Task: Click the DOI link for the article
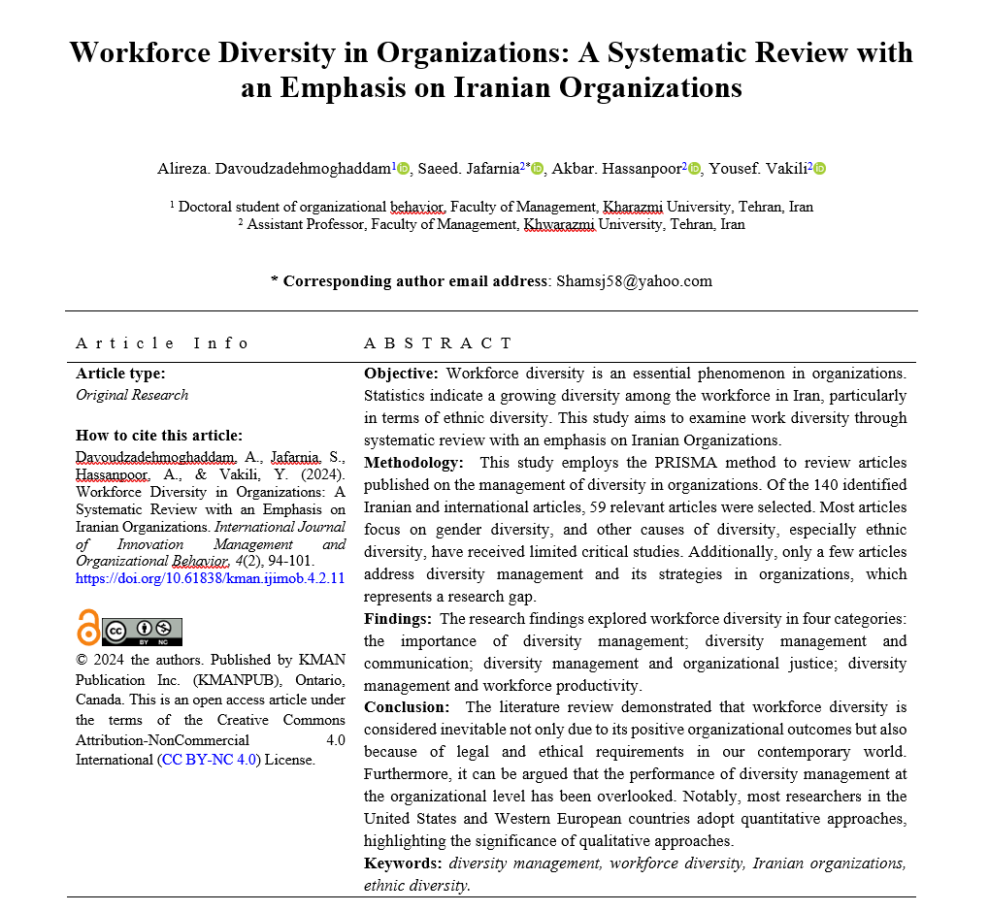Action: pyautogui.click(x=210, y=578)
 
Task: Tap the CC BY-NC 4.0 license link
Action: pyautogui.click(x=211, y=760)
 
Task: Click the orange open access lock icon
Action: pyautogui.click(x=88, y=628)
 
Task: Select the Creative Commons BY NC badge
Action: pyautogui.click(x=142, y=632)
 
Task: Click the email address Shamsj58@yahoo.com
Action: pyautogui.click(x=634, y=281)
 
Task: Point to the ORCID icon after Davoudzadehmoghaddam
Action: pyautogui.click(x=404, y=169)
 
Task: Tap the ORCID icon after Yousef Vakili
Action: pyautogui.click(x=819, y=169)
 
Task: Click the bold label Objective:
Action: pyautogui.click(x=401, y=373)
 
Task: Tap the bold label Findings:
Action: pyautogui.click(x=398, y=619)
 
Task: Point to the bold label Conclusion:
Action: pyautogui.click(x=407, y=707)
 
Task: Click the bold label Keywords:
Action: pyautogui.click(x=403, y=863)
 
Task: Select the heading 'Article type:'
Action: pyautogui.click(x=120, y=373)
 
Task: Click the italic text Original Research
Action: pyautogui.click(x=132, y=395)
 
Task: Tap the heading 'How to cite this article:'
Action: pyautogui.click(x=159, y=435)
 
